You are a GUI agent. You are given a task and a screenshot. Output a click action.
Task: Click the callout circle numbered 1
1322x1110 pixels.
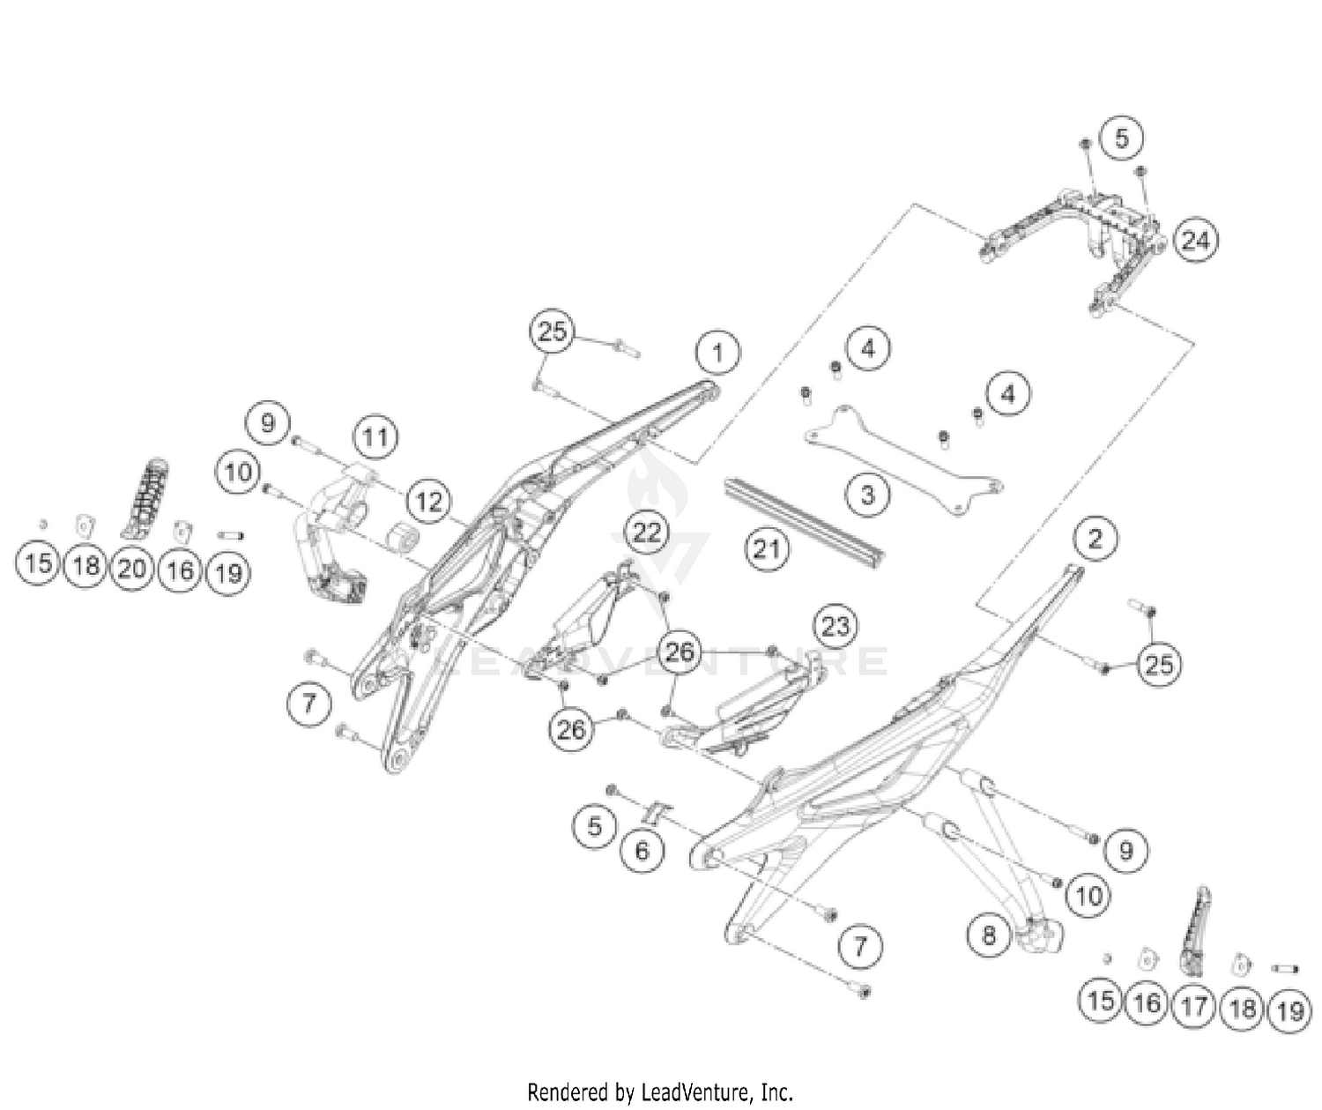pos(717,354)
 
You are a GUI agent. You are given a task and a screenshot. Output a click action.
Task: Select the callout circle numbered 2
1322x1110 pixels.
pos(1095,538)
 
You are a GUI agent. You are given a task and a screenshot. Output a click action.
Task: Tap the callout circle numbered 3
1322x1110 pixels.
pos(868,495)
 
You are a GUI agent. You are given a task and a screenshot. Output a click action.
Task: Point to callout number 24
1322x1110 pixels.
pos(1195,240)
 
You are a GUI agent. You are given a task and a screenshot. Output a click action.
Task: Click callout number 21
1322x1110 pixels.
pos(766,549)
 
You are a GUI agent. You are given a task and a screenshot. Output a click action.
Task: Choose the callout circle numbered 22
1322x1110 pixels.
pos(647,532)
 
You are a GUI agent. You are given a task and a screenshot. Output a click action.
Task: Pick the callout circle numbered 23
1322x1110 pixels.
pos(835,626)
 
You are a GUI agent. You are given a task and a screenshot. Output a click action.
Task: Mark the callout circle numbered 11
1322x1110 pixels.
pos(375,436)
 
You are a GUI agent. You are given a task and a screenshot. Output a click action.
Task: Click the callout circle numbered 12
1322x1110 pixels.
pos(428,502)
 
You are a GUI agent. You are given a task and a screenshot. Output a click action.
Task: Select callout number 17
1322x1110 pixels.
pos(1194,1005)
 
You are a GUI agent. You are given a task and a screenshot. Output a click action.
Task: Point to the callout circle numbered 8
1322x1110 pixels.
pos(989,934)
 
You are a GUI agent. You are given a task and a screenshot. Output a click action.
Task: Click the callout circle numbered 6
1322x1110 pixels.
pos(642,850)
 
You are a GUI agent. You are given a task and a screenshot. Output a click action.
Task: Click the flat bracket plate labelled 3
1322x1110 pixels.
pos(908,458)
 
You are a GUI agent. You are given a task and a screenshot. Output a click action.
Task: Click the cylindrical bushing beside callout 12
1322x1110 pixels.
pos(404,536)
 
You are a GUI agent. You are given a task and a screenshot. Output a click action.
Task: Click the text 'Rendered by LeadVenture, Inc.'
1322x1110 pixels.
pos(660,1092)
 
